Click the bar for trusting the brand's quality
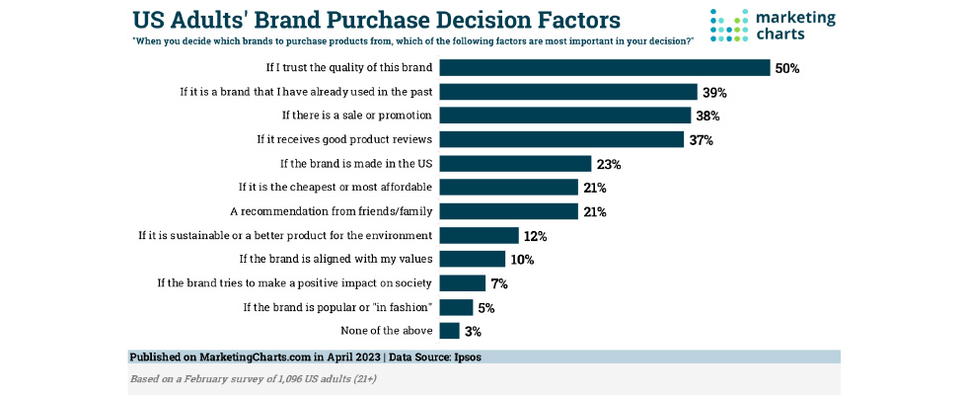tap(604, 68)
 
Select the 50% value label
tap(786, 69)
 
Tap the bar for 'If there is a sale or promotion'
tap(564, 116)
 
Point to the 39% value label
tap(714, 93)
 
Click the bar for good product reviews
tap(561, 139)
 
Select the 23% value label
tap(609, 164)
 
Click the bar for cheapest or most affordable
tap(508, 187)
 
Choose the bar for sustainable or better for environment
tap(479, 235)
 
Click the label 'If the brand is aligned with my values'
tap(336, 259)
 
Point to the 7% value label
tap(499, 283)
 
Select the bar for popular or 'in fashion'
tap(456, 307)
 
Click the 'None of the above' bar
tap(449, 331)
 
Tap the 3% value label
tap(474, 332)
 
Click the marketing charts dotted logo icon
tap(729, 26)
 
